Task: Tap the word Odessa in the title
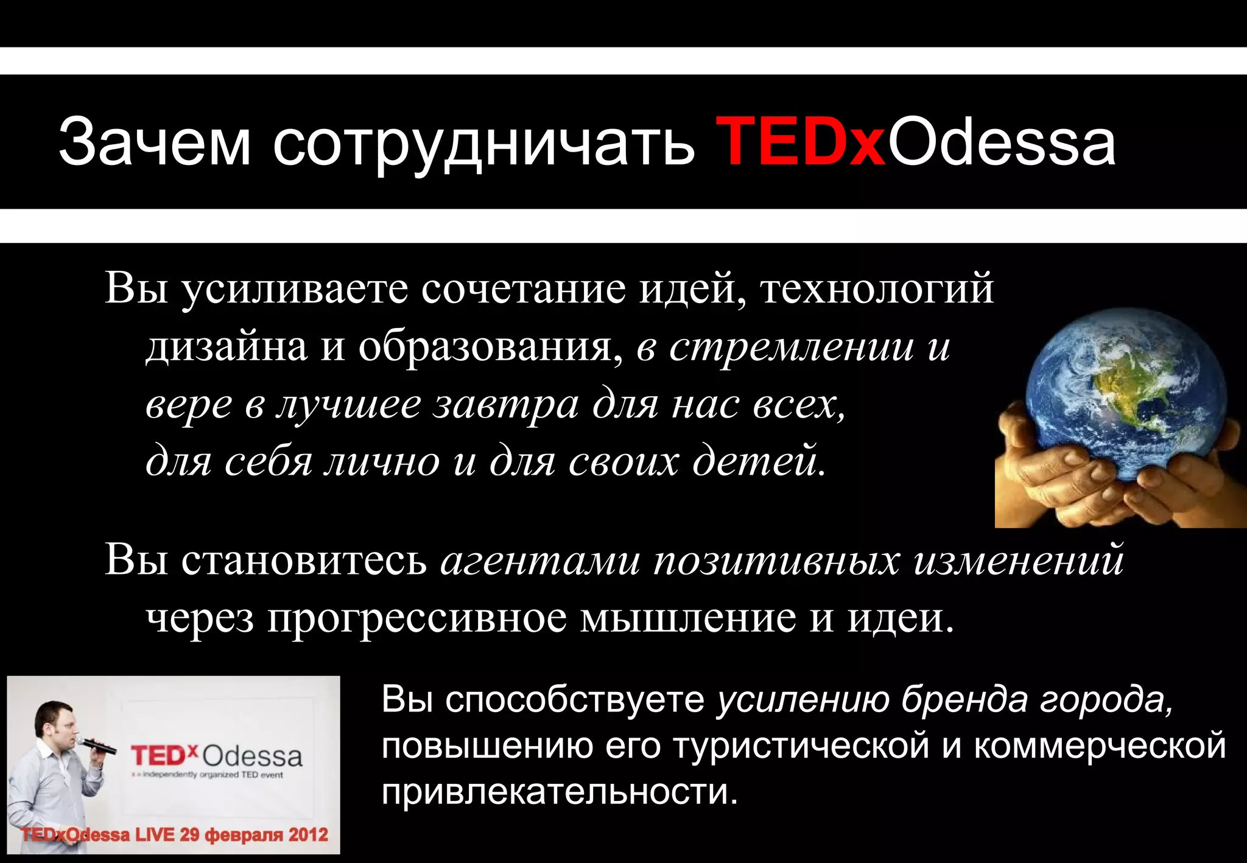pos(1002,142)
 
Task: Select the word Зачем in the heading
pos(155,142)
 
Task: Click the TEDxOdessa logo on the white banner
pos(217,756)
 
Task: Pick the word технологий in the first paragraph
pos(877,288)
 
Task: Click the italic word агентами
pos(540,561)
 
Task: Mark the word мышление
pos(688,618)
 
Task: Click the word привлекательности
pos(560,792)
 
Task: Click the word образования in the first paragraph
pos(487,347)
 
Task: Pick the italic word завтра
pos(505,405)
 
